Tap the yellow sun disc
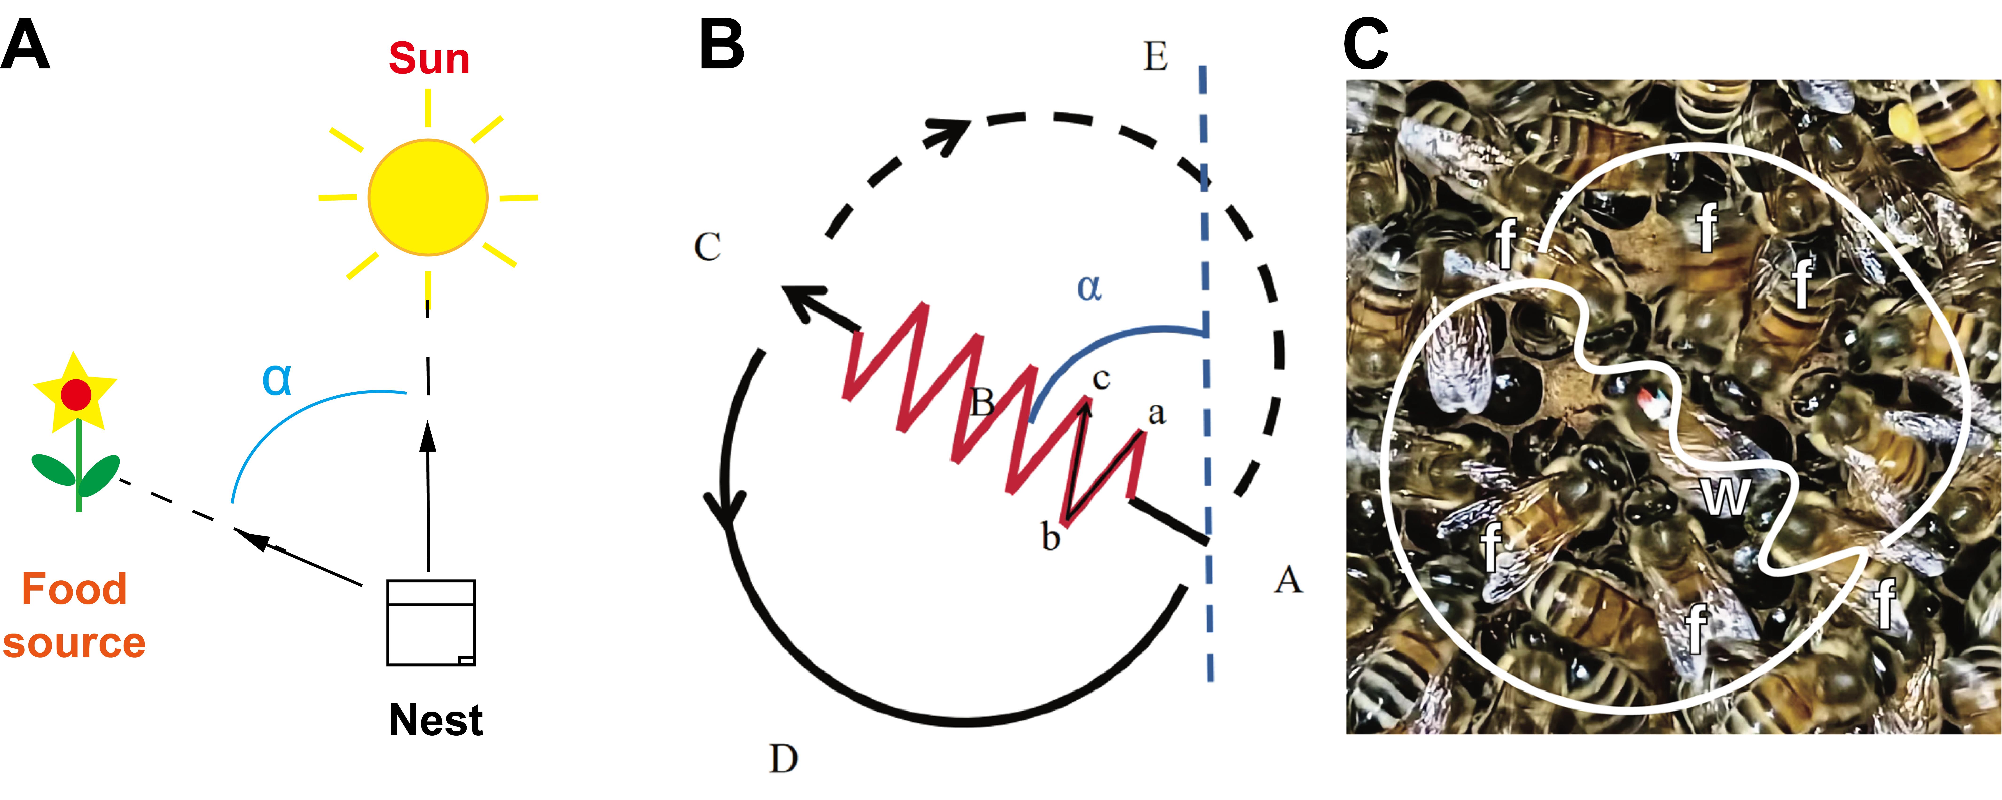point(428,197)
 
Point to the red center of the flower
point(76,395)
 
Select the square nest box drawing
point(431,623)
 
